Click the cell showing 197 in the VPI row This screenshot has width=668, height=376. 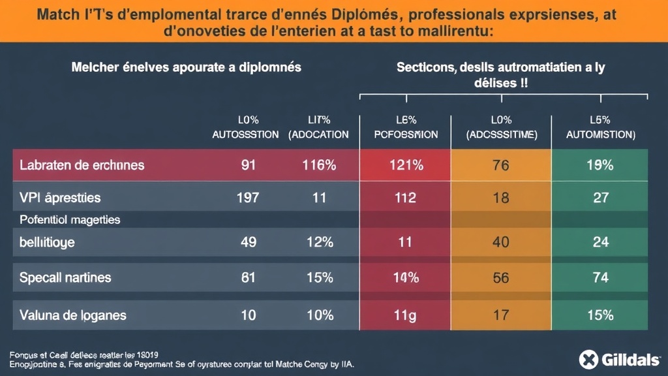[249, 198]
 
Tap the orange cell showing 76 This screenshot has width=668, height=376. [501, 165]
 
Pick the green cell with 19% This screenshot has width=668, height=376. [599, 165]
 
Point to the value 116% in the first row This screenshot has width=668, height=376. [319, 165]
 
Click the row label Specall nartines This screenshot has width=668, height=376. [65, 277]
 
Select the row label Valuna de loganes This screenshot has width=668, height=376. [72, 315]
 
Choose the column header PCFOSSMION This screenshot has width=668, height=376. [405, 134]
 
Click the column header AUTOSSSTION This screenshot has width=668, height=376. [245, 134]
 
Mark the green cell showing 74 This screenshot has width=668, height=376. [599, 277]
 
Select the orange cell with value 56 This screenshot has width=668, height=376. [501, 277]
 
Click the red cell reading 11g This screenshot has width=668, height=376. [405, 315]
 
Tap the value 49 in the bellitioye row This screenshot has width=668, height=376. [249, 242]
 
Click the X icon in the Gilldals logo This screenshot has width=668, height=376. [588, 358]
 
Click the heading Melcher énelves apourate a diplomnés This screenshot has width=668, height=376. [185, 67]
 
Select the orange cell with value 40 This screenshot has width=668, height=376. [501, 242]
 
